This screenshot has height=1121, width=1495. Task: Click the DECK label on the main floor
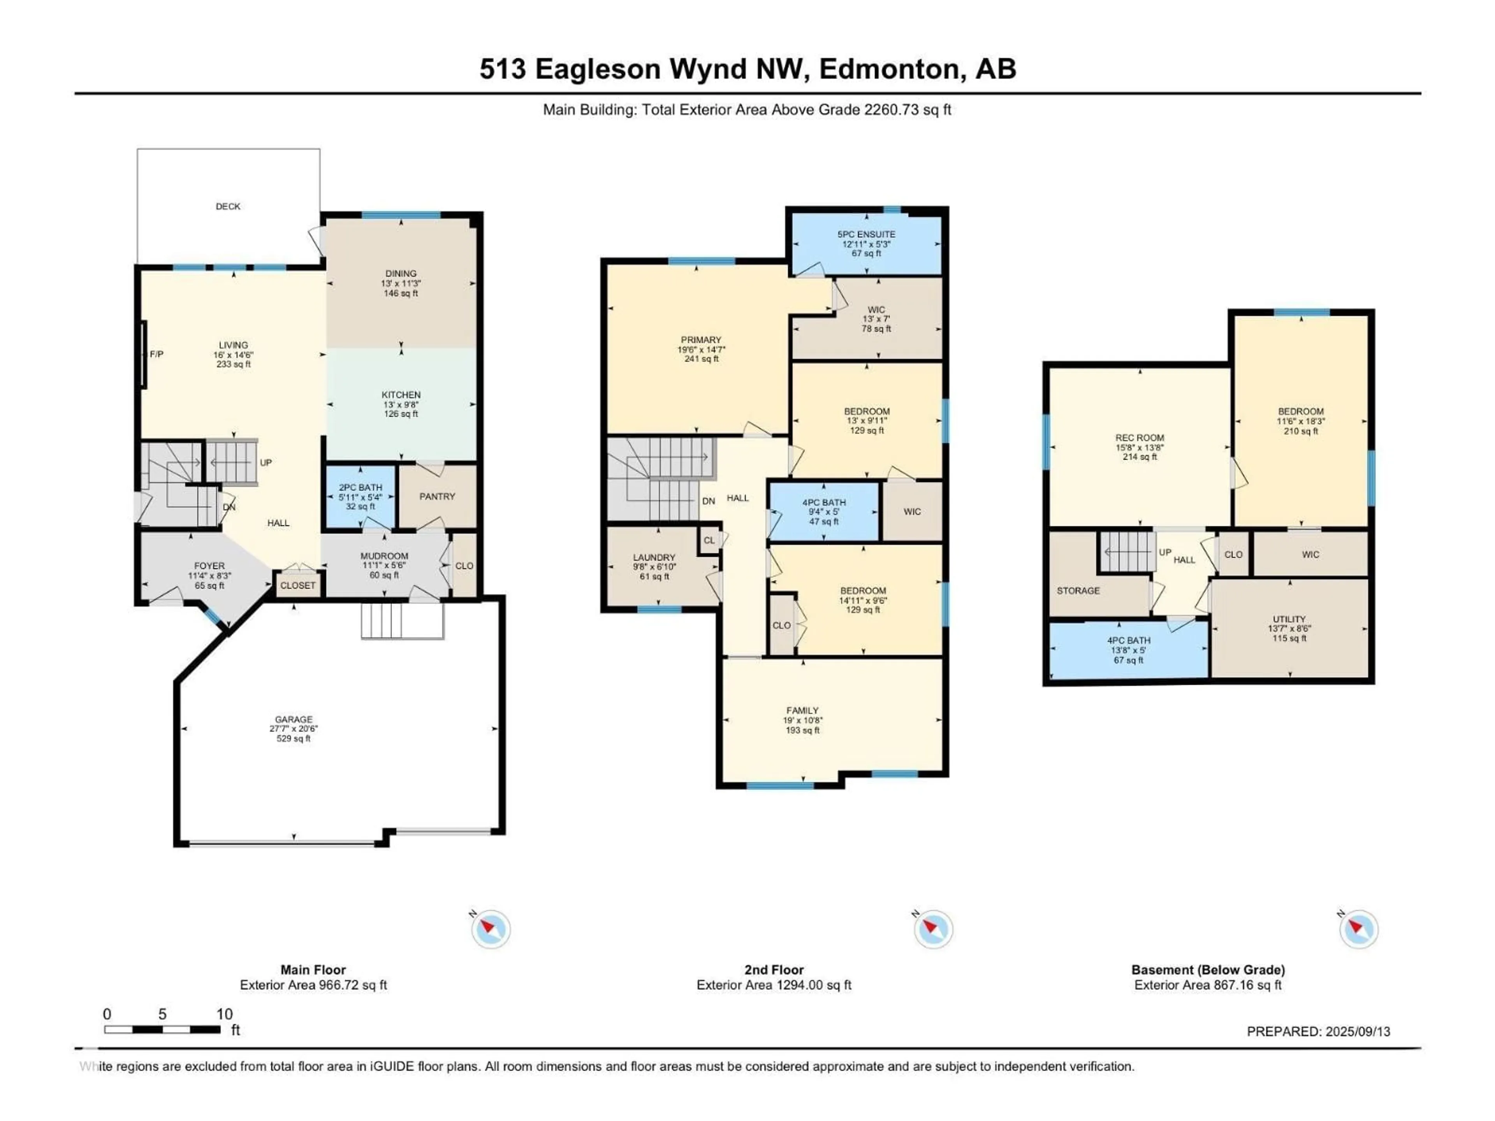pyautogui.click(x=228, y=206)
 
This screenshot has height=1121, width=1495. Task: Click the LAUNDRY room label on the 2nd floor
pyautogui.click(x=654, y=557)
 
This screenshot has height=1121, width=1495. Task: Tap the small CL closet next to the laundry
pyautogui.click(x=708, y=541)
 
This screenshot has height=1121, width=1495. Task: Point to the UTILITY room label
pyautogui.click(x=1289, y=619)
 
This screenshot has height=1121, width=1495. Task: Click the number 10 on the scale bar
pyautogui.click(x=224, y=1014)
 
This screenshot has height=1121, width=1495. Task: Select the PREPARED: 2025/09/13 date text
pyautogui.click(x=1318, y=1032)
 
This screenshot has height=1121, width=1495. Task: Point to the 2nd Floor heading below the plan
pyautogui.click(x=774, y=970)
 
